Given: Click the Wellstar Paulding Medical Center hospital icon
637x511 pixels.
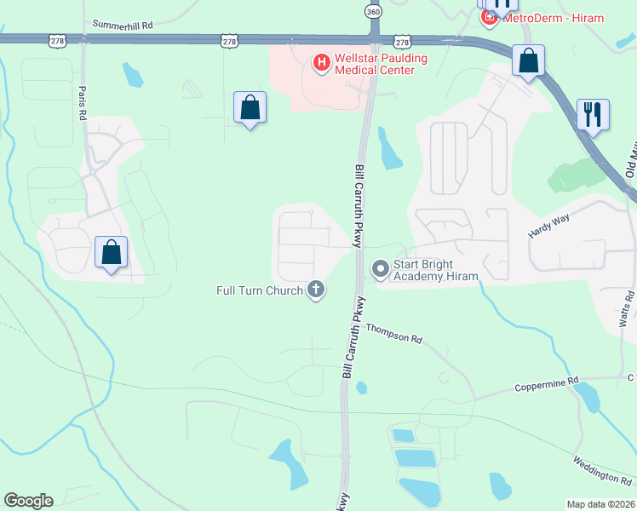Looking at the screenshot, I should click(x=322, y=62).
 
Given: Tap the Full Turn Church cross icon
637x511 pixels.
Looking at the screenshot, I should click(x=316, y=290).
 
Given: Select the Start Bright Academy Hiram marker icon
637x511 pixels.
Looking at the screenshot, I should click(x=379, y=270).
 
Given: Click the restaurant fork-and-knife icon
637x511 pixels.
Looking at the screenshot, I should click(x=593, y=113).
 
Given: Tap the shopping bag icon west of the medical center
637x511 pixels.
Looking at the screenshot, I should click(x=250, y=107).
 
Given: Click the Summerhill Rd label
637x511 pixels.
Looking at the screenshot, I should click(x=122, y=26).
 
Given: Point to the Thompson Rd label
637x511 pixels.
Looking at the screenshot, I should click(x=394, y=333).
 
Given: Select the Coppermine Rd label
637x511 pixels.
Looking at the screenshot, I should click(x=546, y=385).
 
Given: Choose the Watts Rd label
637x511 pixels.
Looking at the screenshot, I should click(x=626, y=307).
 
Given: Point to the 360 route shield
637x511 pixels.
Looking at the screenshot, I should click(x=372, y=12).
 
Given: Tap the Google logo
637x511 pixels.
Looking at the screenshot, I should click(x=28, y=501).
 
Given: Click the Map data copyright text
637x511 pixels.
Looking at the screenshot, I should click(x=601, y=504).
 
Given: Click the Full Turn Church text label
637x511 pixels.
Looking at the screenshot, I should click(x=259, y=291).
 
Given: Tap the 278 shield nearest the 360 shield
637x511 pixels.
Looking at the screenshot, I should click(x=403, y=42).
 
